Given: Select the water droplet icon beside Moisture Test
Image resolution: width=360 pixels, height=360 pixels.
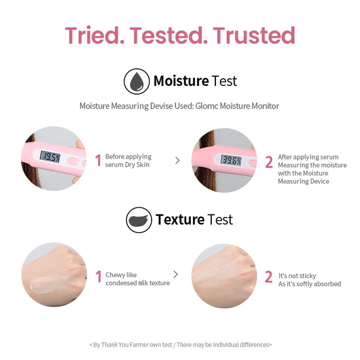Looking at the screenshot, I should point(136,81).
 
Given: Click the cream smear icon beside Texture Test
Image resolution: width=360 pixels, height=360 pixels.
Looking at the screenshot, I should point(139,220).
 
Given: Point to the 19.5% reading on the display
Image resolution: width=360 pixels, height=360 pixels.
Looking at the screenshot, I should point(51,157).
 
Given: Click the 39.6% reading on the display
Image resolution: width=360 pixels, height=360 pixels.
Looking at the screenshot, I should point(231,159).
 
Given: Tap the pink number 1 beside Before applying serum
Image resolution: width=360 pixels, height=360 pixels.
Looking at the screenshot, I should point(98,161).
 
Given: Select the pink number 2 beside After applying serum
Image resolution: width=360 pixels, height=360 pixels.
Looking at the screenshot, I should point(268,162).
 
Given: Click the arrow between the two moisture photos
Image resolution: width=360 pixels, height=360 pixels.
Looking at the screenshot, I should point(177,160).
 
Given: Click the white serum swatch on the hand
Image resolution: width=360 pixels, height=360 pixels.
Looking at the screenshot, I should point(47,281).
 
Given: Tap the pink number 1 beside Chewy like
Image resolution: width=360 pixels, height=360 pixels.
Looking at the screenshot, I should point(98,277).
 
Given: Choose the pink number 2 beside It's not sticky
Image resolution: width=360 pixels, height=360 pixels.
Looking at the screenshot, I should point(268,277).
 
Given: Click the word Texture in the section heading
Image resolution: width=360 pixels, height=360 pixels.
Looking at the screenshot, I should point(180,220).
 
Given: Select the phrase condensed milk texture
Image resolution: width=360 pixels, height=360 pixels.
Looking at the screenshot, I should point(137,283).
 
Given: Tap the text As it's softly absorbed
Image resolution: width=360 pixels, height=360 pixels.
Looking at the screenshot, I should point(310,284).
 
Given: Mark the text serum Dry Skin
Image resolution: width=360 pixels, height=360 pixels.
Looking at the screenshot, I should point(128,165).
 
